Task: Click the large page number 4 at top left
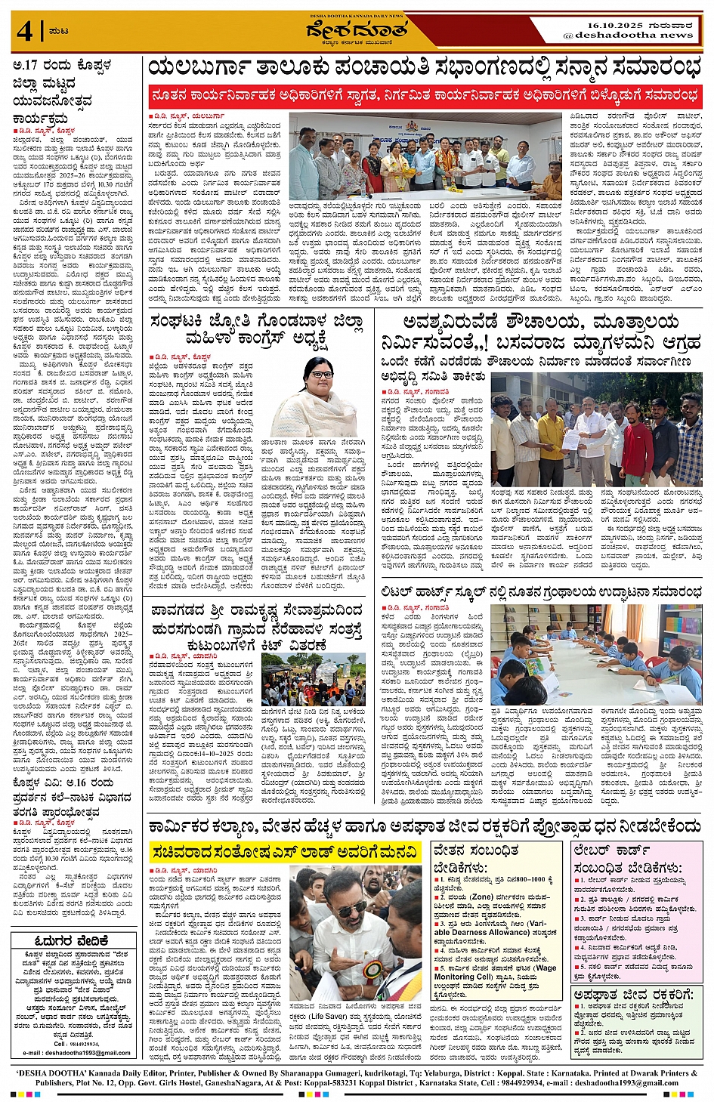25,32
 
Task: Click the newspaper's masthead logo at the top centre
357,32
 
